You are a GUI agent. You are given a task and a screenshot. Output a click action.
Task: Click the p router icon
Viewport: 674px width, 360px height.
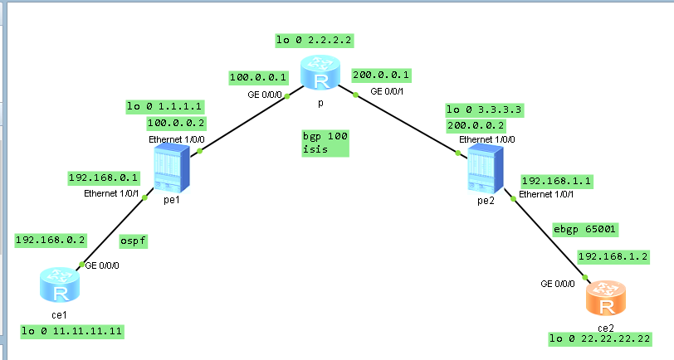[x=320, y=73]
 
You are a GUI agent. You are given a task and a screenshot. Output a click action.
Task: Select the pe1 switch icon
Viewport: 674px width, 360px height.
[x=172, y=168]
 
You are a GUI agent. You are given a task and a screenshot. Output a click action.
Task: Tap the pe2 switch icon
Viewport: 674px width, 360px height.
[x=486, y=169]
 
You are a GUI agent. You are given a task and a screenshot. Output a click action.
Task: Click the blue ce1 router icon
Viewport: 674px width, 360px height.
[x=60, y=285]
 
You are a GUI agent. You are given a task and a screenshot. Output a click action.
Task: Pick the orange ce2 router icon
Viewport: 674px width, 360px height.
[x=606, y=299]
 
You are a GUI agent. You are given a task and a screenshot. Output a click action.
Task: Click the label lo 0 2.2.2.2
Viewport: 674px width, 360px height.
[x=315, y=41]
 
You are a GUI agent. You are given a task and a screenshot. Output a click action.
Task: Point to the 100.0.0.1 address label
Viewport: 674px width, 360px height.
[x=258, y=78]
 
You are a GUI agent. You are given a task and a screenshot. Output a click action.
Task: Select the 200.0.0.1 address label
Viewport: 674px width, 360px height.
[x=381, y=75]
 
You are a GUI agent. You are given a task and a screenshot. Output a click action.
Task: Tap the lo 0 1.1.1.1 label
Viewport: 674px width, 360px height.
[x=164, y=106]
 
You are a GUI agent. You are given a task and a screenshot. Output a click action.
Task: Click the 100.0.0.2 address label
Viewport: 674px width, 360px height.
[x=176, y=124]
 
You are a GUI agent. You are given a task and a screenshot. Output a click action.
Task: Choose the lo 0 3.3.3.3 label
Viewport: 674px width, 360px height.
[x=485, y=110]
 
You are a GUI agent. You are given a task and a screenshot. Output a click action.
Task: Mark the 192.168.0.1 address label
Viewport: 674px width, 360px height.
[x=104, y=178]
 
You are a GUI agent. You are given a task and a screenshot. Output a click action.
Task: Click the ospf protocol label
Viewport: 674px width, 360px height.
[x=134, y=241]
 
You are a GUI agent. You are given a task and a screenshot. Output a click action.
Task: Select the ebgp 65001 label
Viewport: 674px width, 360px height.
[x=584, y=230]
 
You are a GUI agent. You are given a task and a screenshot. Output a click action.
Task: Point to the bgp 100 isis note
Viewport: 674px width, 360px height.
[x=325, y=143]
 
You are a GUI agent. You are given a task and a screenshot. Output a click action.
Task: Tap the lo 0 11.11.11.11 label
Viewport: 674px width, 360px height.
[x=72, y=332]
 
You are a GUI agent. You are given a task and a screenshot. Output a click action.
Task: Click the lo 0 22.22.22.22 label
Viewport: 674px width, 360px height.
[x=600, y=339]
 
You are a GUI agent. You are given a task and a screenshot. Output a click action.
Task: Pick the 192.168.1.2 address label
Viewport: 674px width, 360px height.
[x=613, y=257]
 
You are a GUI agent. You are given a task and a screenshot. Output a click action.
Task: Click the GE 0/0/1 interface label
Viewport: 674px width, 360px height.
[x=387, y=91]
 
